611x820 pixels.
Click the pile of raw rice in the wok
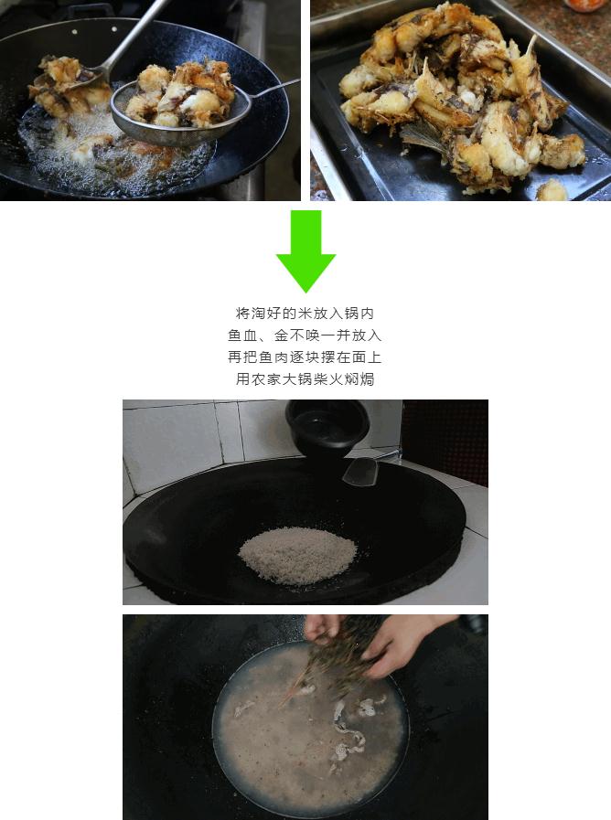[x=298, y=556]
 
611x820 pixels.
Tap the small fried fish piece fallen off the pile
[x=552, y=190]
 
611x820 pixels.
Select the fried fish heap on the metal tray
[x=460, y=100]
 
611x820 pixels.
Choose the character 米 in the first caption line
[x=305, y=314]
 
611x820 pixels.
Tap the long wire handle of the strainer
[x=273, y=89]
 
